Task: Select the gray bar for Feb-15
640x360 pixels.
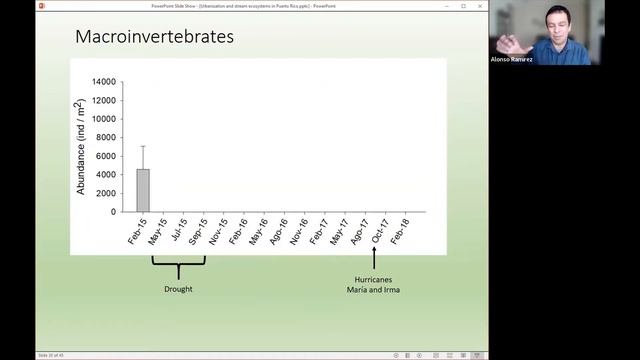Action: point(143,190)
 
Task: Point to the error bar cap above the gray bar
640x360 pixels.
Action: point(143,146)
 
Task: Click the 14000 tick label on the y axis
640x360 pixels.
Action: point(102,81)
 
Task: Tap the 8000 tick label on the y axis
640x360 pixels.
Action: point(104,137)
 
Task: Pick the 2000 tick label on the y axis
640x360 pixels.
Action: point(104,193)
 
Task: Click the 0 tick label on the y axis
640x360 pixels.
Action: point(112,212)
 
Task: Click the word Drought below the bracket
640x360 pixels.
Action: point(178,289)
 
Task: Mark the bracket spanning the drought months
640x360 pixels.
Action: point(178,265)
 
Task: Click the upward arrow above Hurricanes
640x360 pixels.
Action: point(372,255)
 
